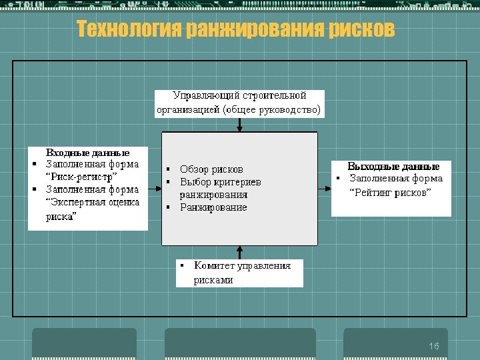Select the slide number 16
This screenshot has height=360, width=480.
(434, 347)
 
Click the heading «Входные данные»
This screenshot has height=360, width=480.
(87, 153)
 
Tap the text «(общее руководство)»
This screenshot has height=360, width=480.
(273, 109)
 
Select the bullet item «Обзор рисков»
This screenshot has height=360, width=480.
(211, 169)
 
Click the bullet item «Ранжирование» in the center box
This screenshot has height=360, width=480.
(213, 207)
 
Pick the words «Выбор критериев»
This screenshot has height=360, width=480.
(220, 182)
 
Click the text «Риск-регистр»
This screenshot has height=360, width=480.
(81, 177)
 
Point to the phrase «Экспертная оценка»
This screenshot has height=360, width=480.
(92, 202)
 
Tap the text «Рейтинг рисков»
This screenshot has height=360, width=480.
(391, 192)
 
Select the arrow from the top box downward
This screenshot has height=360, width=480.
(239, 125)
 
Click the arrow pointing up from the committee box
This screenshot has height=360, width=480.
(239, 252)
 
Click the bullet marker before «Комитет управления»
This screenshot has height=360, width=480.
(182, 265)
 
